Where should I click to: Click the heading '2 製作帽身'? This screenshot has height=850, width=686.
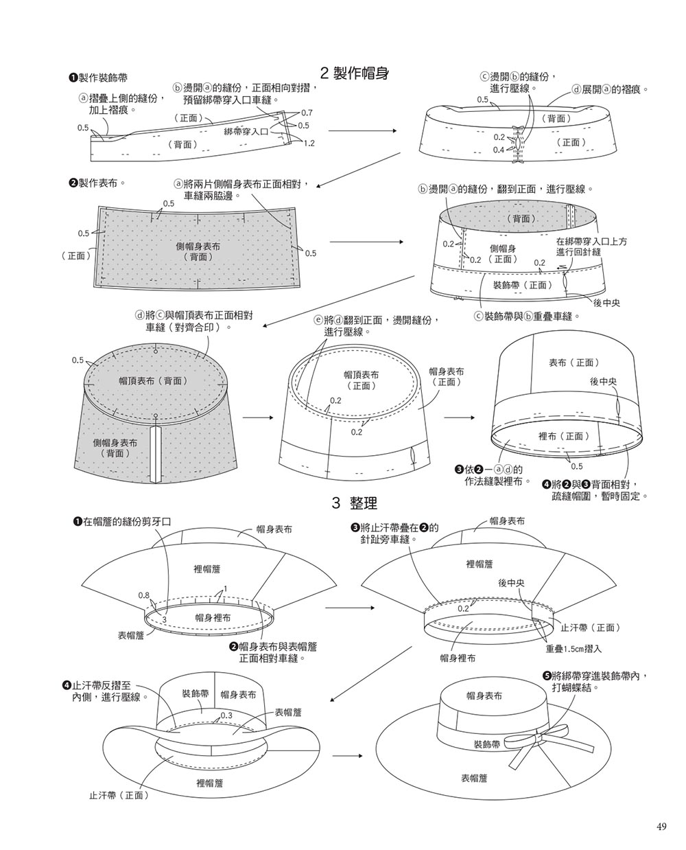[355, 73]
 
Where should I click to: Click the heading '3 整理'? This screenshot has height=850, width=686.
[354, 503]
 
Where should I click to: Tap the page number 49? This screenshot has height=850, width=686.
[661, 827]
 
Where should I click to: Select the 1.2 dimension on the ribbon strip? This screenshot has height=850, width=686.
[308, 143]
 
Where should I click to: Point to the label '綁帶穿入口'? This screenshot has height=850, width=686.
[246, 130]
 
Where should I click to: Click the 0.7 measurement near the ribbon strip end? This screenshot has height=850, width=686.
[306, 113]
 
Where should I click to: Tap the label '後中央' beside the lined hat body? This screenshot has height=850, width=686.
[603, 381]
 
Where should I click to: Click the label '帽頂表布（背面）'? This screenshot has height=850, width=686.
[153, 380]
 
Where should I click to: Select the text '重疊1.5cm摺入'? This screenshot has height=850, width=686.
[573, 648]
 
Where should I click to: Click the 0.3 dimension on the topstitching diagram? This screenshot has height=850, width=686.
[227, 715]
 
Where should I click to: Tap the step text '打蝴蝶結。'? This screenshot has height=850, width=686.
[580, 687]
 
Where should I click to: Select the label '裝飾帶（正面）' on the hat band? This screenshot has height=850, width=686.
[522, 284]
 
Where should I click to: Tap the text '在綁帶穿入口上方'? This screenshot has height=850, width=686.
[591, 242]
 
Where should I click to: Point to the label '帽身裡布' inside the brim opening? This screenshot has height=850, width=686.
[213, 618]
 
